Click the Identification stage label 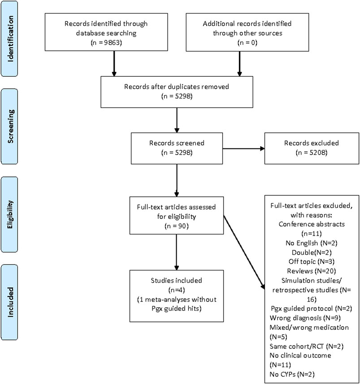click(x=10, y=39)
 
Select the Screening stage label click(x=10, y=127)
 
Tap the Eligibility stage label click(x=10, y=214)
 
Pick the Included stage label click(x=10, y=302)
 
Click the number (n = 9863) click(x=106, y=43)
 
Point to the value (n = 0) click(x=247, y=43)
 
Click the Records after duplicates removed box click(x=177, y=92)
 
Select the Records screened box click(x=177, y=148)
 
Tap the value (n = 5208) click(x=312, y=153)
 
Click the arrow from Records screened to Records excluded click(x=243, y=148)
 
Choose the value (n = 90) click(x=177, y=226)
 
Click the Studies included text click(x=177, y=280)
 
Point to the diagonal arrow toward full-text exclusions click(x=244, y=252)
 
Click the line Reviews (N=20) click(x=311, y=271)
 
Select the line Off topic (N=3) click(x=311, y=262)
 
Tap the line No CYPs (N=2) click(x=292, y=374)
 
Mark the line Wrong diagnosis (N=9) click(x=305, y=318)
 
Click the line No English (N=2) click(x=311, y=243)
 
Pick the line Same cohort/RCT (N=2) click(x=306, y=346)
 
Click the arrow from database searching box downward click(x=114, y=64)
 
